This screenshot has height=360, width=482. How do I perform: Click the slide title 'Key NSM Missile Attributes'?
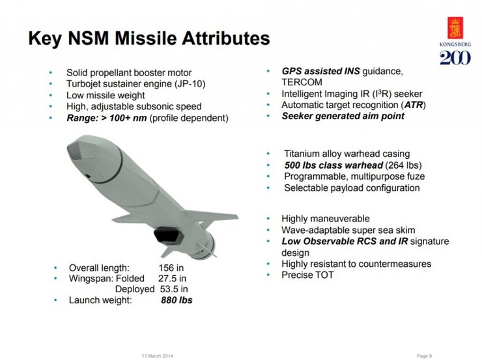point(149,38)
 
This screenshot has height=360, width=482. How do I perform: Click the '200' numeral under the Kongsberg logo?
point(453,59)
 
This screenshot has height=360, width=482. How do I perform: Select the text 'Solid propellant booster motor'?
point(128,73)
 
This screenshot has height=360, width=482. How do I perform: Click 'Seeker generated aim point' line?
point(343,117)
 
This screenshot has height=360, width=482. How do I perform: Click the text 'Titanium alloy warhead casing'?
point(347,154)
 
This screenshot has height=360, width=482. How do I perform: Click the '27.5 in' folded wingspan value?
point(173,279)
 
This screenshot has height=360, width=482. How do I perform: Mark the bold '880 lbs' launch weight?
point(177,301)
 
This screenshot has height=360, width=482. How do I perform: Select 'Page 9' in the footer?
point(424,355)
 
